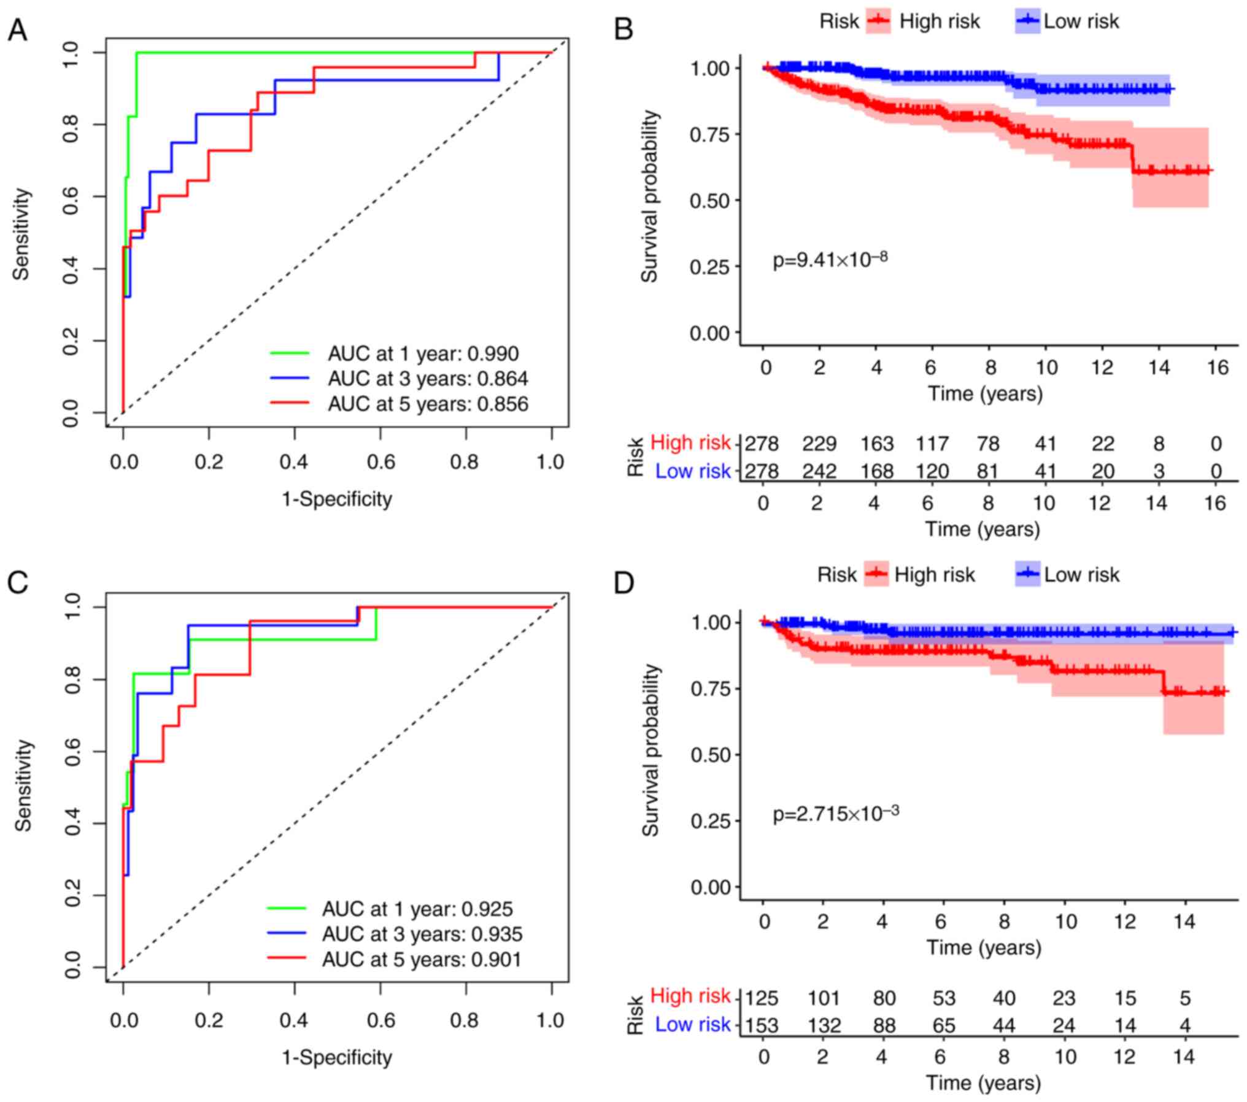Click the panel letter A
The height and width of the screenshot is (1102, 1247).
[x=18, y=30]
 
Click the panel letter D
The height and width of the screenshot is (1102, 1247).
[x=623, y=583]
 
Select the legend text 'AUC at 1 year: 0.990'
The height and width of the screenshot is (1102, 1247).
[x=423, y=353]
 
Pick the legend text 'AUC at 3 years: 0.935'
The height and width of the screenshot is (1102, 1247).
[x=422, y=934]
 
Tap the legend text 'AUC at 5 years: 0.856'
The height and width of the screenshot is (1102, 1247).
[x=427, y=404]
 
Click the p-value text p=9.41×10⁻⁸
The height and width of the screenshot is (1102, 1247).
[x=830, y=260]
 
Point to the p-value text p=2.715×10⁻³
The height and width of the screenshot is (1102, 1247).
[x=835, y=814]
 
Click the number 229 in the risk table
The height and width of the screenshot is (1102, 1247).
[x=819, y=443]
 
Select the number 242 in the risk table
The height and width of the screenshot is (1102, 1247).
[x=819, y=471]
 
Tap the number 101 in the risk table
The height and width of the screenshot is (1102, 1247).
[x=823, y=998]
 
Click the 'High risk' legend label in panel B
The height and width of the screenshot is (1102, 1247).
[x=940, y=21]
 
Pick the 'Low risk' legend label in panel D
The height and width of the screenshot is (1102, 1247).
[x=1081, y=575]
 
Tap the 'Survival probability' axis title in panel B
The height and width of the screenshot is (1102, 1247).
[x=649, y=196]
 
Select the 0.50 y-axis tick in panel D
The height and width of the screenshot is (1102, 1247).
[x=711, y=754]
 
